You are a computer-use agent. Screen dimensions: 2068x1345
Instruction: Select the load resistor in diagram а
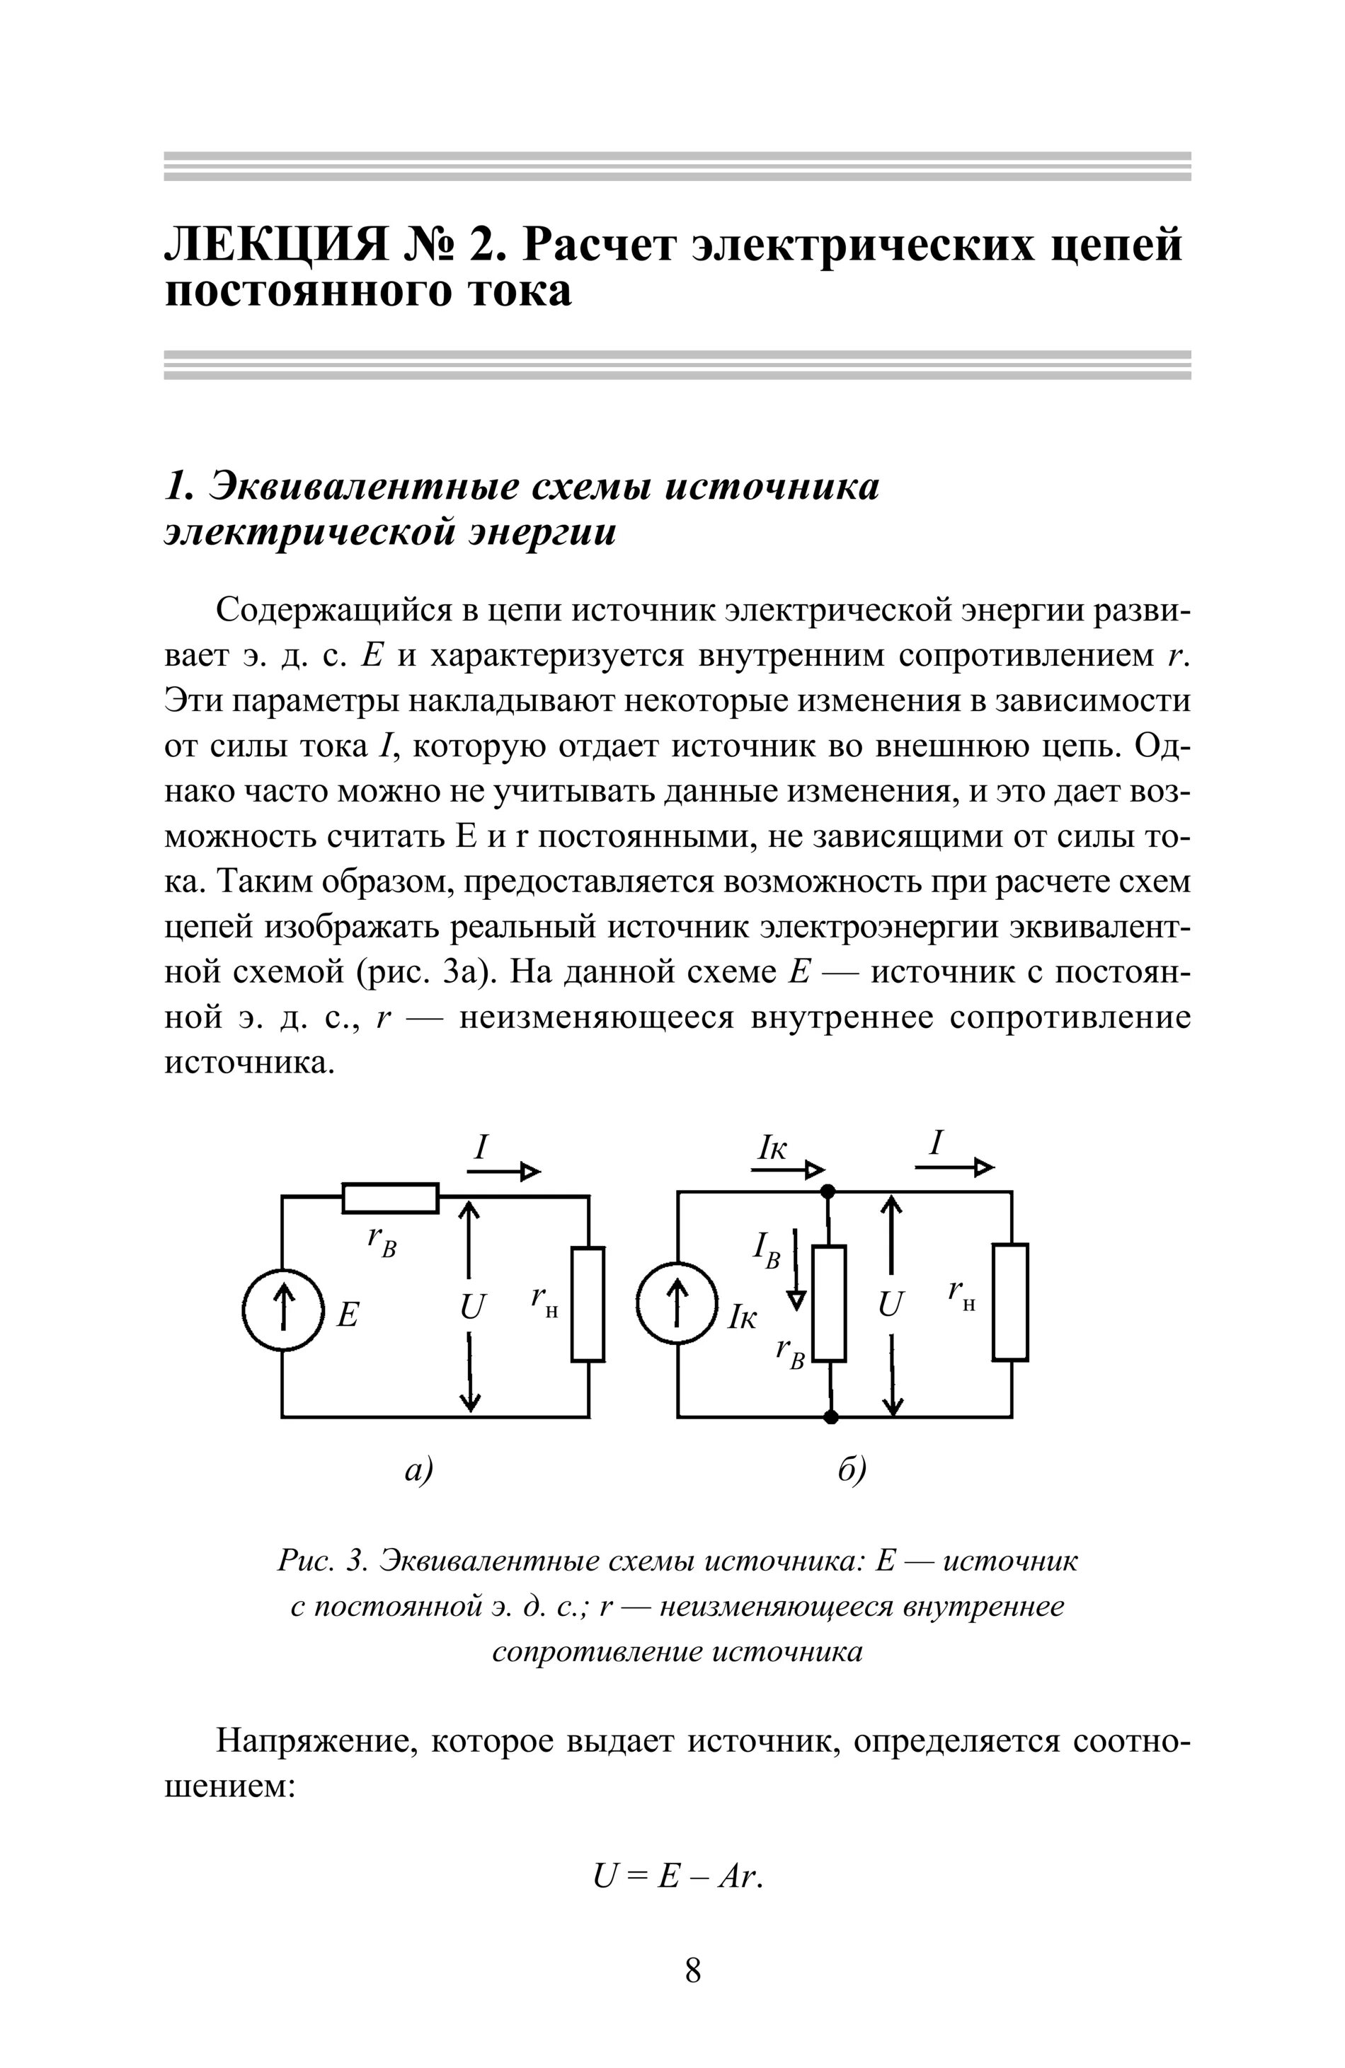[x=588, y=1304]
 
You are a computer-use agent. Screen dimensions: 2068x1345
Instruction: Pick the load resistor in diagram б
[x=1011, y=1302]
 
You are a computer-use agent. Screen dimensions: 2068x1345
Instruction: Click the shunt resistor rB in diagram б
[x=830, y=1303]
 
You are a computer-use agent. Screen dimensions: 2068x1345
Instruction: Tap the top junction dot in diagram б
[x=830, y=1191]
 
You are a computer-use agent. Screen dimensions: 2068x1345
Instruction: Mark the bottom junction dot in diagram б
[x=830, y=1417]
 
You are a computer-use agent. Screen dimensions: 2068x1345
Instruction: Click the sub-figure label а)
[x=419, y=1469]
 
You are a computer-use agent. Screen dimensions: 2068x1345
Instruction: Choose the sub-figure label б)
[x=852, y=1469]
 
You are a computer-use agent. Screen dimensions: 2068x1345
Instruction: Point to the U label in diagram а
[x=472, y=1307]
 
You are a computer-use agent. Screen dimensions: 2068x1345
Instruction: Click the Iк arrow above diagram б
[x=788, y=1170]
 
